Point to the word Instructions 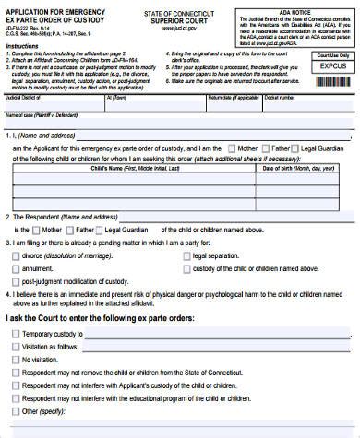22,44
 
